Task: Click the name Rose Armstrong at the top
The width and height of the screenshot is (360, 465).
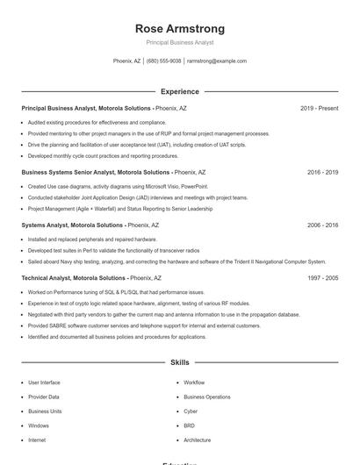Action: coord(179,29)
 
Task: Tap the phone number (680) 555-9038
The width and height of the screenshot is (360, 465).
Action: coord(164,61)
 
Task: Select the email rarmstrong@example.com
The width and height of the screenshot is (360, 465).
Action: coord(216,61)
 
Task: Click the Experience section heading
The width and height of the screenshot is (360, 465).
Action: coord(179,91)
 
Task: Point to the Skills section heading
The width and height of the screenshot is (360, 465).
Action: coord(179,361)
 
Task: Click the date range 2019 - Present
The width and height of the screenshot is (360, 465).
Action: coord(319,108)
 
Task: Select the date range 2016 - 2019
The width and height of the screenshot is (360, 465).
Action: coord(322,173)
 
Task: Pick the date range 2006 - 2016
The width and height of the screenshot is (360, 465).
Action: coord(322,225)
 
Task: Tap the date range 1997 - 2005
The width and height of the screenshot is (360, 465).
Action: coord(322,277)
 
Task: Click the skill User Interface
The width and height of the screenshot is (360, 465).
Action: coord(44,383)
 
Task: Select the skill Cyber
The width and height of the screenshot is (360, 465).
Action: coord(191,411)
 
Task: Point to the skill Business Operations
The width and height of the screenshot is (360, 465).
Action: coord(206,397)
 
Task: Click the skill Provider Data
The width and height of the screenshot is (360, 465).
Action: coord(44,397)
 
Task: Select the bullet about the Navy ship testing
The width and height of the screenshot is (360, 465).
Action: coord(176,261)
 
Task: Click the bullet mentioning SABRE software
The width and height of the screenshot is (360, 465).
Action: coord(144,325)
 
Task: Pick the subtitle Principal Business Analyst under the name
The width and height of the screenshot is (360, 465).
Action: coord(179,42)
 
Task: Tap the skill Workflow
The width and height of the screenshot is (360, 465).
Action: coord(194,383)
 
